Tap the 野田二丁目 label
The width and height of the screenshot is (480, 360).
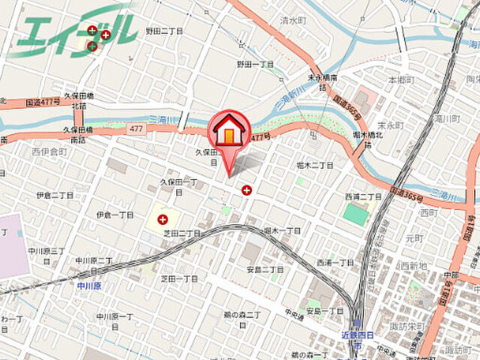tap(164, 31)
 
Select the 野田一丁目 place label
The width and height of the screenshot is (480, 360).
tap(256, 64)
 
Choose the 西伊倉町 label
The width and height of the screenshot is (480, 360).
tap(49, 151)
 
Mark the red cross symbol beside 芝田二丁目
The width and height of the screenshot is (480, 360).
tap(163, 220)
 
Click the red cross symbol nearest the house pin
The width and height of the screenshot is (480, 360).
tap(247, 190)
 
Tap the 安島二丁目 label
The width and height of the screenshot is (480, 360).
tap(265, 269)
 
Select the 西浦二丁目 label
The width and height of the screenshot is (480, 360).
tap(360, 196)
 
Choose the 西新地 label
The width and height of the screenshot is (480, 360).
tap(413, 265)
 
